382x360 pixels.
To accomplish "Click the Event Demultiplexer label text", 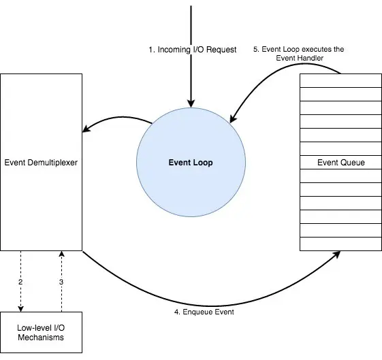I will (x=42, y=163).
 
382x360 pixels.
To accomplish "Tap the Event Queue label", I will (x=340, y=163).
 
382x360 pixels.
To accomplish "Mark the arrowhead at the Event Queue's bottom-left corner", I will (x=338, y=254).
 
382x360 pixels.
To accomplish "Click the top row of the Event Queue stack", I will (x=340, y=80).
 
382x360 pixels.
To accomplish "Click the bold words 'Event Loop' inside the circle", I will (x=191, y=163).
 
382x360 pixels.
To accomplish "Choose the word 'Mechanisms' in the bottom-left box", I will (x=42, y=338).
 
